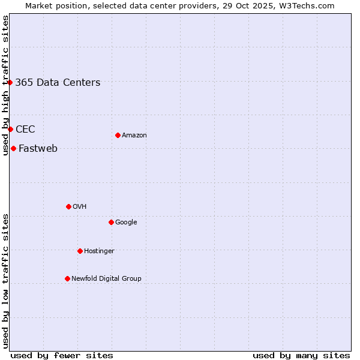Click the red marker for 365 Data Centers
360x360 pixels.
click(x=10, y=82)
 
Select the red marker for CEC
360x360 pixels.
click(x=10, y=129)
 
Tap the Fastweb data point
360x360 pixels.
click(x=13, y=148)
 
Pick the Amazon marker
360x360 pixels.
click(x=118, y=135)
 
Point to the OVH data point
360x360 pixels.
click(x=68, y=206)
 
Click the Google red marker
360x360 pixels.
click(x=111, y=222)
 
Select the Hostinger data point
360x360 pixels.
click(x=80, y=251)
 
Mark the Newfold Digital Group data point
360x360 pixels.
click(x=67, y=278)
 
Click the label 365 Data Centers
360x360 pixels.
click(x=58, y=83)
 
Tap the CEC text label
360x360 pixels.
click(x=25, y=130)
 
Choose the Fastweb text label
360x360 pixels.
click(x=38, y=149)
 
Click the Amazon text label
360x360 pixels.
click(x=134, y=136)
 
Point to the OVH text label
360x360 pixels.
click(x=80, y=207)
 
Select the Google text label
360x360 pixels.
click(x=126, y=223)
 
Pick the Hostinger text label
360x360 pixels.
click(x=99, y=251)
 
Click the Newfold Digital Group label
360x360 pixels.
click(x=106, y=279)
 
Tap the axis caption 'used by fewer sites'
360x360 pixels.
click(x=62, y=355)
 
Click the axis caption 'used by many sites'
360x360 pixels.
click(x=301, y=355)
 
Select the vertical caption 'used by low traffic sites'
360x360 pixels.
click(x=5, y=281)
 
